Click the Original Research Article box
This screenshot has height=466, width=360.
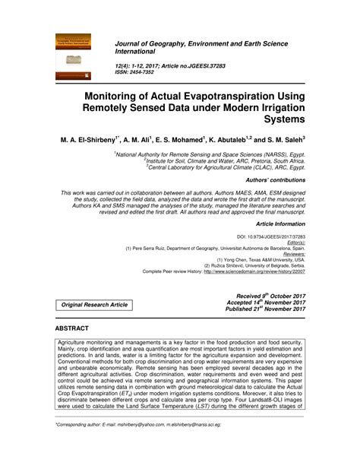pyautogui.click(x=95, y=305)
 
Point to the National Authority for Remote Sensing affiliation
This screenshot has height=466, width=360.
pyautogui.click(x=195, y=154)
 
